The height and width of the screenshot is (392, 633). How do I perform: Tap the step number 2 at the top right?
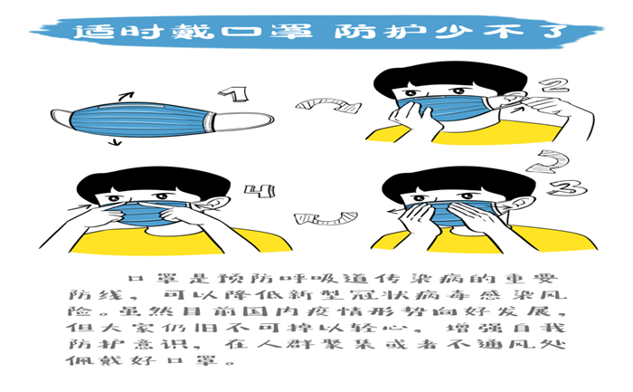[x=554, y=86]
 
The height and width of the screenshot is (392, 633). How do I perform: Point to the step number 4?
[x=260, y=191]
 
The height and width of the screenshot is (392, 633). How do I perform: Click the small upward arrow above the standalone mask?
[x=126, y=97]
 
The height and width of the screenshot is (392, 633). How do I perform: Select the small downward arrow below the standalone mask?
[x=116, y=141]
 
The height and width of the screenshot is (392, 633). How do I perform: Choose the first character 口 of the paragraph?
[x=136, y=279]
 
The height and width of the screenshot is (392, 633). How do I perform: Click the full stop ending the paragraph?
[x=231, y=362]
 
